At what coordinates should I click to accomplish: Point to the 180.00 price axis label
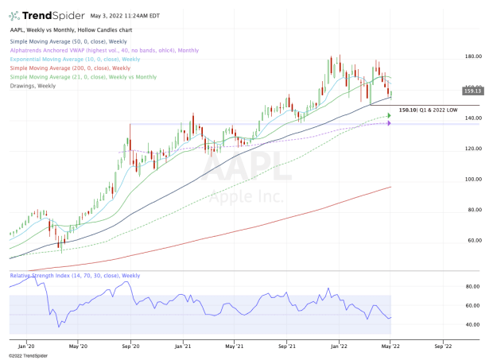(452, 57)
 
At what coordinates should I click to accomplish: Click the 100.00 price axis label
(452, 180)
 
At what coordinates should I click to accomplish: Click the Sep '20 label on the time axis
(131, 346)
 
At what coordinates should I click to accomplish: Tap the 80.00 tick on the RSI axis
(451, 286)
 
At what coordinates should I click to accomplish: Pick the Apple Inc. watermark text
(239, 196)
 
